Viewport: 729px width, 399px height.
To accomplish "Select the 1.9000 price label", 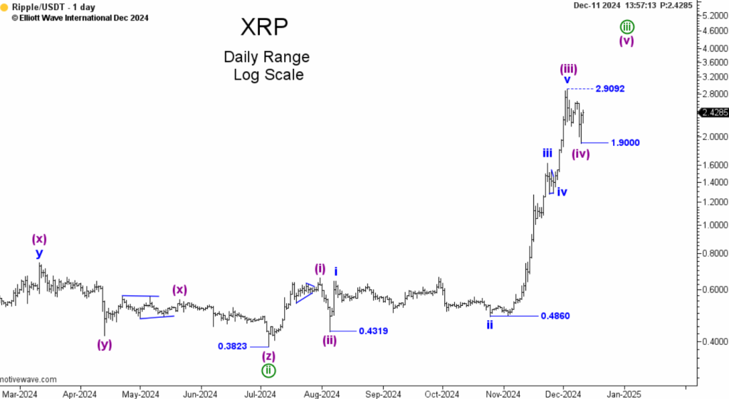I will click(625, 143).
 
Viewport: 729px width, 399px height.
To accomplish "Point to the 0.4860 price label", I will click(555, 316).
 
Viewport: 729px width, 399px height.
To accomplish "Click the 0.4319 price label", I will click(373, 331).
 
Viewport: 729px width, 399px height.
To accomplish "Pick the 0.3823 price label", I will click(233, 346).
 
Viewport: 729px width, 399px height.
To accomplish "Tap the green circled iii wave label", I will click(626, 27).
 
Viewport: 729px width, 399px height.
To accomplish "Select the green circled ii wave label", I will click(268, 370).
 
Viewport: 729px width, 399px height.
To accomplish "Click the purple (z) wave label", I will click(268, 356).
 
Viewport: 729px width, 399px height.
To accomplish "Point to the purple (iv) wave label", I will click(581, 154).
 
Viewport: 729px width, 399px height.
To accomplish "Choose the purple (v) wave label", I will click(626, 41).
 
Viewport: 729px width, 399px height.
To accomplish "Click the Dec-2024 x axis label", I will click(564, 393).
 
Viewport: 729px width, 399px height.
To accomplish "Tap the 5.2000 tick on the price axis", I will click(713, 15).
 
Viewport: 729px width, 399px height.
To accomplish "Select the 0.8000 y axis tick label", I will click(713, 253).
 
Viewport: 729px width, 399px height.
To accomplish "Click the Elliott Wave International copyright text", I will click(79, 18).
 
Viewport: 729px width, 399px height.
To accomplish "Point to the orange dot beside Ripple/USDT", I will click(5, 7).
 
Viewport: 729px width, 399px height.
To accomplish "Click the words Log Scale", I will click(268, 75).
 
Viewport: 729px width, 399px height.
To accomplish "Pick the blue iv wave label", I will click(562, 191).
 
